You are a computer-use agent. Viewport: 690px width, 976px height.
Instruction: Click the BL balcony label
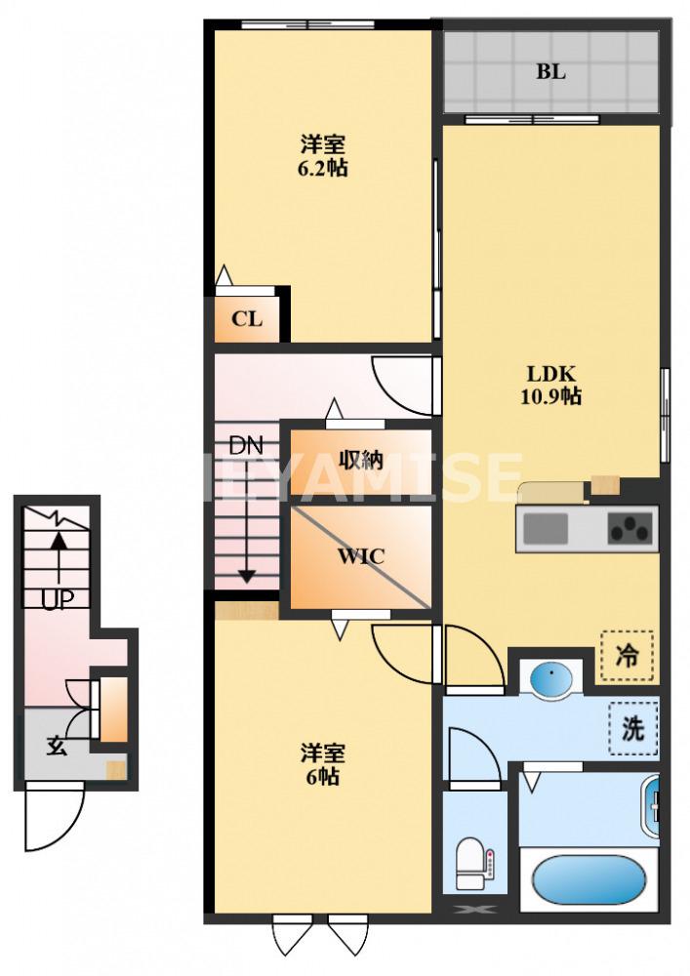click(x=550, y=71)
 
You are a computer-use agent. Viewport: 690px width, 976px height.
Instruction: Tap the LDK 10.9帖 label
click(x=550, y=385)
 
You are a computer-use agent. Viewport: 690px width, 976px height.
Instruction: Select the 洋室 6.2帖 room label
click(x=322, y=156)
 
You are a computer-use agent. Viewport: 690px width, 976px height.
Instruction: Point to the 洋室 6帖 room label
click(x=322, y=764)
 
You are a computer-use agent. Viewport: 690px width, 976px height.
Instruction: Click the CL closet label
click(x=246, y=319)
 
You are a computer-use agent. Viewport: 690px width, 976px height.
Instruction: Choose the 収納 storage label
click(x=361, y=461)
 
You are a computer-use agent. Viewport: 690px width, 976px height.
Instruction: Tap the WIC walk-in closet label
click(x=361, y=556)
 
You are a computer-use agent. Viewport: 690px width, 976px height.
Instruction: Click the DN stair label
click(x=246, y=446)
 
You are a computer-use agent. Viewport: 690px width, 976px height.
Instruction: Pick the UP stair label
click(x=58, y=599)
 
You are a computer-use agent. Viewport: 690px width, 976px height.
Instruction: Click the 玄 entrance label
click(x=57, y=745)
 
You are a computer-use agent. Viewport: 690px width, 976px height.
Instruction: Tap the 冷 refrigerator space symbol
click(x=628, y=657)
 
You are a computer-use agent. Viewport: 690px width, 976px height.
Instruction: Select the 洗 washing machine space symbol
click(x=633, y=728)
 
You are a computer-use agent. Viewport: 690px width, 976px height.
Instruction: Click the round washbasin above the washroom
click(x=551, y=679)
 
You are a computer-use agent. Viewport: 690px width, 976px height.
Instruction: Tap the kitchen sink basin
click(x=546, y=528)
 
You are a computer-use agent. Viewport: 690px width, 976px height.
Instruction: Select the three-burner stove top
click(x=630, y=527)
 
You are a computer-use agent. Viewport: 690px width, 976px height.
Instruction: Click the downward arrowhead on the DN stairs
click(x=247, y=577)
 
